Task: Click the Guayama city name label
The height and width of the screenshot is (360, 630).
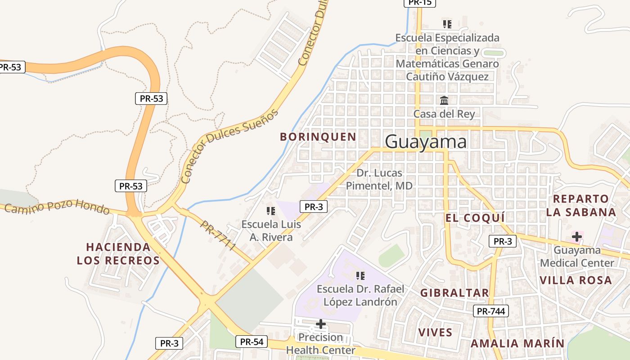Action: [426, 142]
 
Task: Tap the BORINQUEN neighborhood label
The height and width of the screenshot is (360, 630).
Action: [318, 137]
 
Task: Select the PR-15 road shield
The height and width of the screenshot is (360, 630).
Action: [420, 3]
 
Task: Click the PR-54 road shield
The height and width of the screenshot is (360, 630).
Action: [252, 342]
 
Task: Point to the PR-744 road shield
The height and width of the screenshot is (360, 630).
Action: [491, 311]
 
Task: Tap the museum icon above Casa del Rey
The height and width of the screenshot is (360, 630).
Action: [444, 100]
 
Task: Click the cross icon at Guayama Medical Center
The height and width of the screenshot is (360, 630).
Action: [576, 236]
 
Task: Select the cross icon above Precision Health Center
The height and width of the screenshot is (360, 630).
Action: [321, 324]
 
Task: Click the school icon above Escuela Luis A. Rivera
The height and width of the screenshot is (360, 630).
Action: [271, 211]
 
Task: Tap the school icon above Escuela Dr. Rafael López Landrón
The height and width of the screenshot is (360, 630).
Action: [360, 275]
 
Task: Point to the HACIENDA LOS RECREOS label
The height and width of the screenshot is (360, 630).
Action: [118, 254]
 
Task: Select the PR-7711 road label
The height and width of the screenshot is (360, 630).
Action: [219, 235]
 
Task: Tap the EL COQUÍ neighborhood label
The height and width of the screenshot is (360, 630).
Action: [475, 218]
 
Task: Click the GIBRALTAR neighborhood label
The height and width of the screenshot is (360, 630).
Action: [454, 293]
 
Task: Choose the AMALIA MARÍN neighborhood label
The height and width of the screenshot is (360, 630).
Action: [517, 343]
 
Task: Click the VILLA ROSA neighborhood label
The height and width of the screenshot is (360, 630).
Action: [576, 280]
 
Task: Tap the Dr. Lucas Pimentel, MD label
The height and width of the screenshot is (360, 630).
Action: [379, 179]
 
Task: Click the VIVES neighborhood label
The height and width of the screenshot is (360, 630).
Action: [435, 333]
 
